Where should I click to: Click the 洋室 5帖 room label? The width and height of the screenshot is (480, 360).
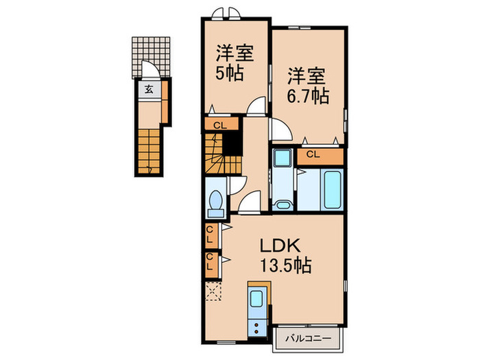[235, 62]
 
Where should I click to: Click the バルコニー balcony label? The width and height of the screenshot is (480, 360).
[309, 339]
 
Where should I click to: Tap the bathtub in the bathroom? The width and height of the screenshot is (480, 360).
[333, 190]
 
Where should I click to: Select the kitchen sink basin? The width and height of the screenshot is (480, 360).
[256, 298]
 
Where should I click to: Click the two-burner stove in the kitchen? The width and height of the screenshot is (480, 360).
[256, 327]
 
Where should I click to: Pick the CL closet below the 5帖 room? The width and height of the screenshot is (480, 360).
[221, 125]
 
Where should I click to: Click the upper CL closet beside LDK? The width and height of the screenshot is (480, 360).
[211, 235]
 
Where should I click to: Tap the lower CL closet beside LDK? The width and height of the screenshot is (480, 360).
[211, 265]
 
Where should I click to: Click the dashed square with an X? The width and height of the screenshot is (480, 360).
[213, 291]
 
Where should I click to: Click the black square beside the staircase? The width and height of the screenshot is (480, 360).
[232, 143]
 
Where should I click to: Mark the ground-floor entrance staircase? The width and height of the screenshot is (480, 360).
[149, 152]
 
